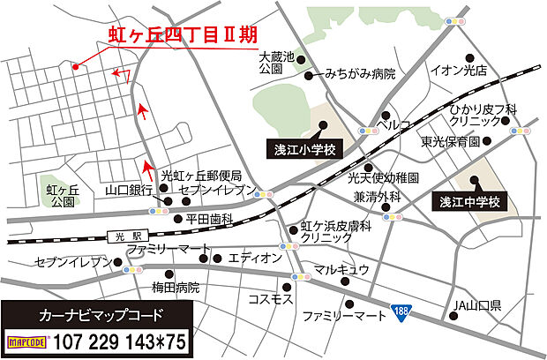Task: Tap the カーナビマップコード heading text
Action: click(x=96, y=313)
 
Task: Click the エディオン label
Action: click(x=254, y=258)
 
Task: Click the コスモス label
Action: click(x=271, y=299)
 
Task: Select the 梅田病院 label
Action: click(x=176, y=288)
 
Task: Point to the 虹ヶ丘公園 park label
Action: click(x=63, y=194)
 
